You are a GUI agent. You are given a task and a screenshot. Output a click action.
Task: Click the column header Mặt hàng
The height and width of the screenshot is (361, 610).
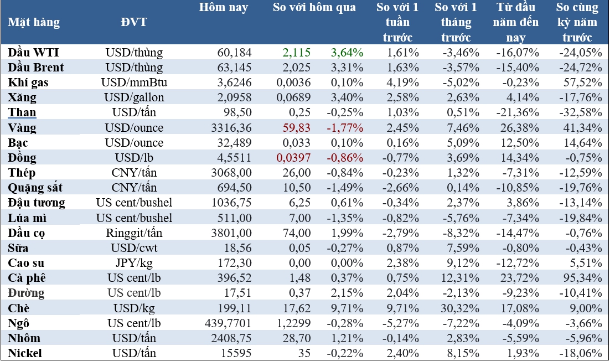pos(34,23)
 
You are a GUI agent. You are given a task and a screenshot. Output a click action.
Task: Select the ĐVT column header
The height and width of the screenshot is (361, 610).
pos(134,23)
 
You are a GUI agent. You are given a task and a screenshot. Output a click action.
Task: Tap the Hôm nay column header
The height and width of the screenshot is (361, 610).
pos(224,8)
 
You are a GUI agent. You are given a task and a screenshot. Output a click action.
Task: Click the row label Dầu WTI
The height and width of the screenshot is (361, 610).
pos(34,53)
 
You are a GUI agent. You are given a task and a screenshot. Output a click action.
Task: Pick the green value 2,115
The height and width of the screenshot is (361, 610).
pos(296,53)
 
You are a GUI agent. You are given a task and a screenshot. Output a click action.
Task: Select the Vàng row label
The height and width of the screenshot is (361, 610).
pos(23,128)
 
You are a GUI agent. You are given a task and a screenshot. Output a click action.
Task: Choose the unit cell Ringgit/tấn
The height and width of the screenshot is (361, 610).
pos(134,233)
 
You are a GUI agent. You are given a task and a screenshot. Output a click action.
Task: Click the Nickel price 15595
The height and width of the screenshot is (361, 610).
pos(235,353)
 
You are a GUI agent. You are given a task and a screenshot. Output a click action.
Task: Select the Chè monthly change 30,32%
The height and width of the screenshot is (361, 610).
pos(457,308)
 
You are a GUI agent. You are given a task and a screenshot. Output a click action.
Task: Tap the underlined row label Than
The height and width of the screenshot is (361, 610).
pos(23,113)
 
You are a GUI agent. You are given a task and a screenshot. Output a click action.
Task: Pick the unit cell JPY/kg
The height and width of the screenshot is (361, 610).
pos(134,263)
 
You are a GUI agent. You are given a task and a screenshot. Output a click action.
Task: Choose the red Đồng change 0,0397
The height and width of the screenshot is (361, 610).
pos(293,158)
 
